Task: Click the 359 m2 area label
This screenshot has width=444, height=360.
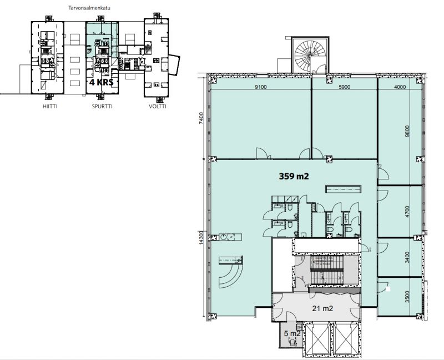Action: coord(293,176)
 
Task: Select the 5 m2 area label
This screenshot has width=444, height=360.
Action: coord(292,334)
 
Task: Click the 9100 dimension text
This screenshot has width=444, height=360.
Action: coord(261,87)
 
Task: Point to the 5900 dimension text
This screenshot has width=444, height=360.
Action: coord(345,87)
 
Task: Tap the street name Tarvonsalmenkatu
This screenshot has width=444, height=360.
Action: coord(92,9)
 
